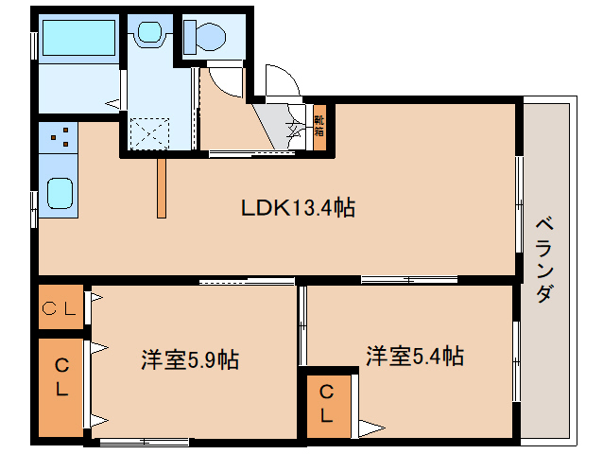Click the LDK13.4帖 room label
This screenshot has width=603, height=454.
pyautogui.click(x=298, y=209)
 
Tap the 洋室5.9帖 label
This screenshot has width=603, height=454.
pyautogui.click(x=189, y=359)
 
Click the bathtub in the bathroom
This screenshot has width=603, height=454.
pyautogui.click(x=78, y=37)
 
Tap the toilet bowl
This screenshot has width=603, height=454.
pyautogui.click(x=206, y=37)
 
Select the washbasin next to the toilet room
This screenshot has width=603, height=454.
pyautogui.click(x=148, y=34)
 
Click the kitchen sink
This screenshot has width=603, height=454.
pyautogui.click(x=60, y=195)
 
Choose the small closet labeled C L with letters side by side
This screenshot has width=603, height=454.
pyautogui.click(x=60, y=307)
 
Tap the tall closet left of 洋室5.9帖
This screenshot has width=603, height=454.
pyautogui.click(x=60, y=376)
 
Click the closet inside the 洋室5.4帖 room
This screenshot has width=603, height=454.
pyautogui.click(x=326, y=403)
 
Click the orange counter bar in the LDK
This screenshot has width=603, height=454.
pyautogui.click(x=162, y=185)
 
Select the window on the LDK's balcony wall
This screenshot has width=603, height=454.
pyautogui.click(x=518, y=203)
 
